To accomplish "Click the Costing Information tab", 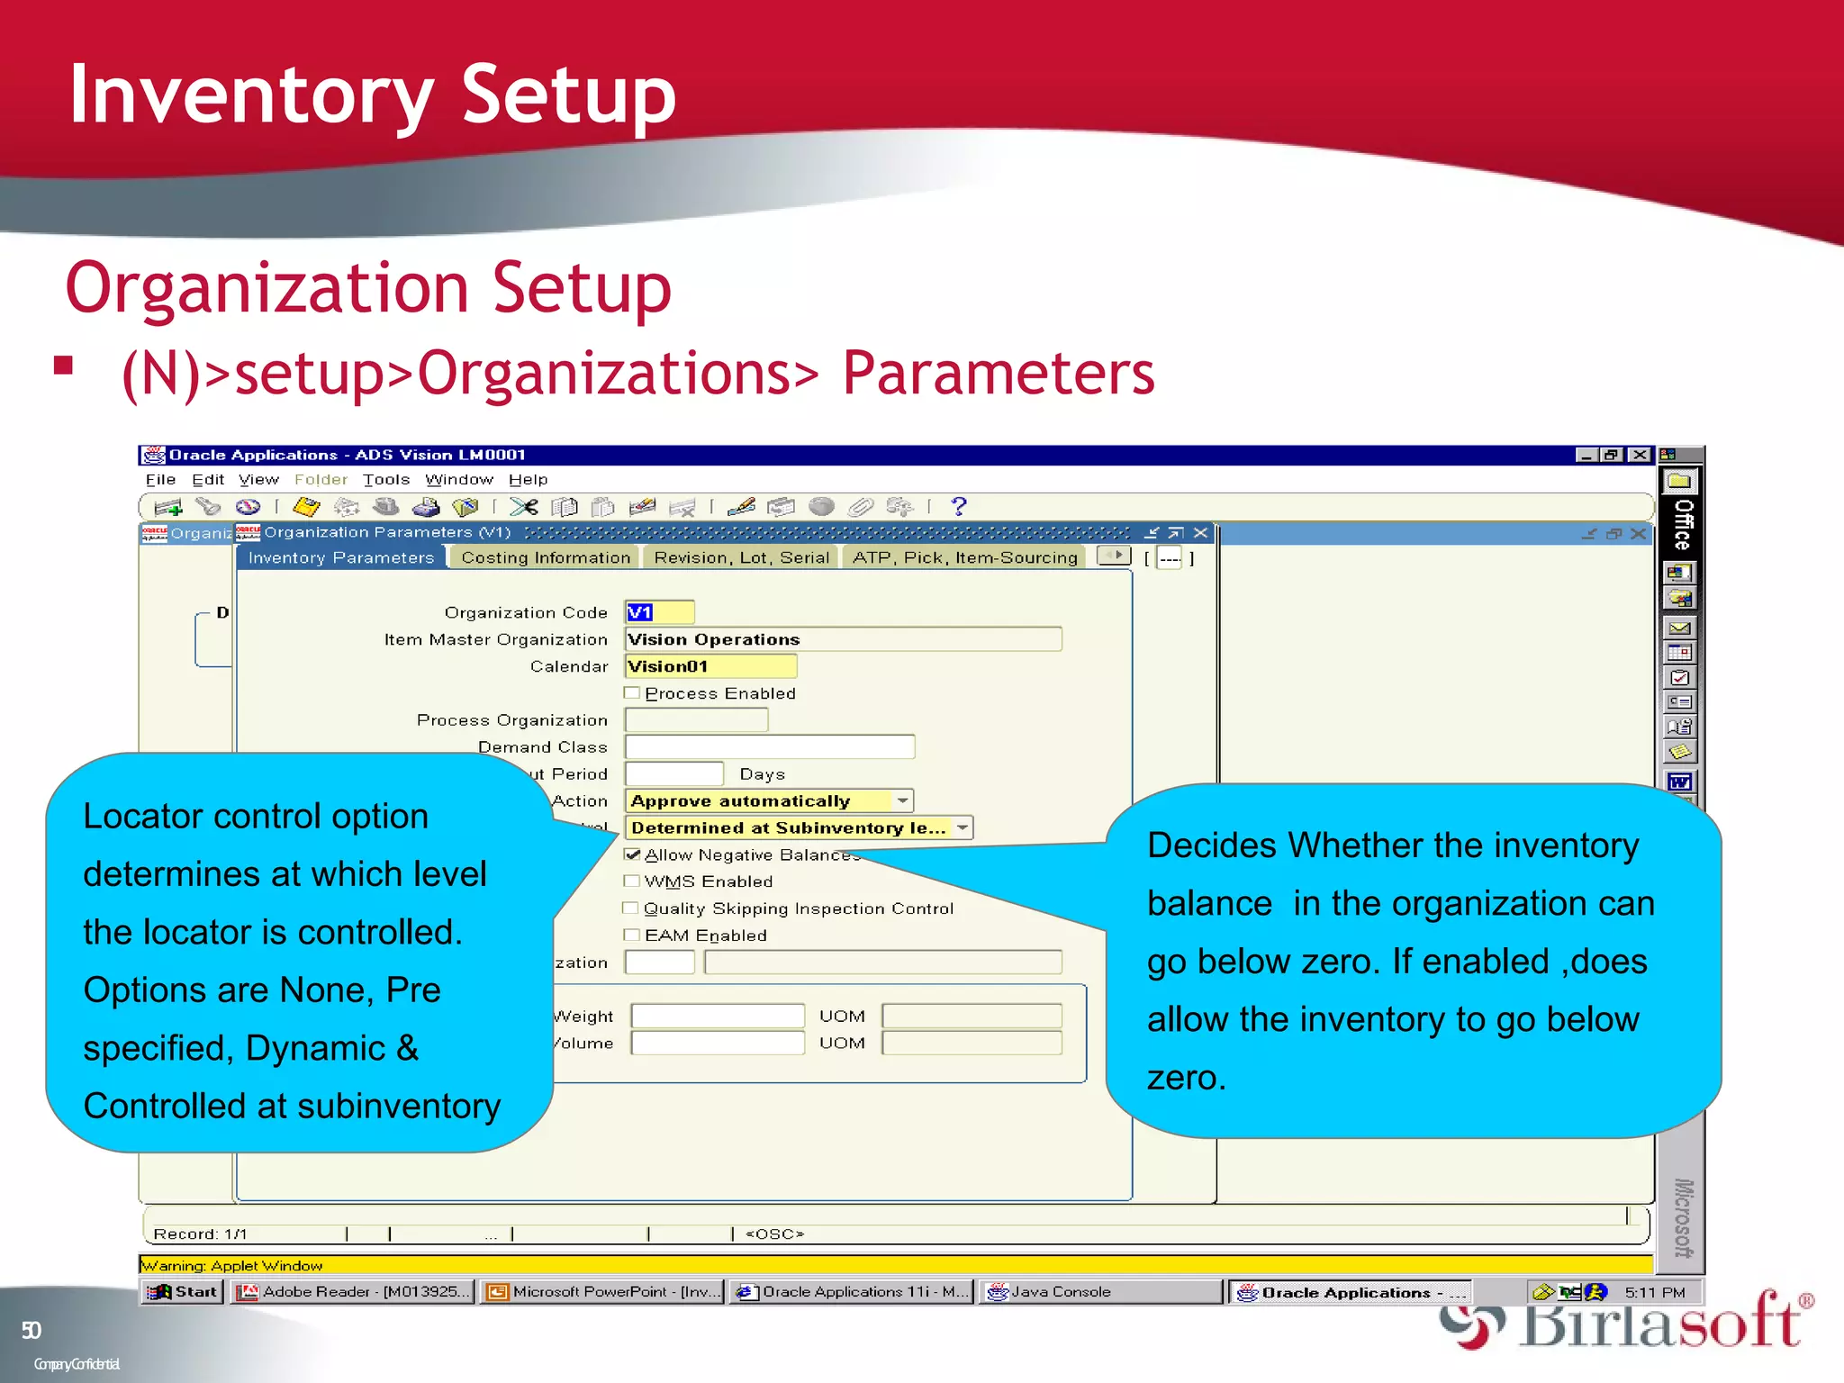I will pyautogui.click(x=546, y=557).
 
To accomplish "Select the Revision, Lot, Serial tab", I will pyautogui.click(x=741, y=557).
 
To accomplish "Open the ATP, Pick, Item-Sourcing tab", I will pyautogui.click(x=964, y=557).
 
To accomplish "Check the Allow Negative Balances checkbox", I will pyautogui.click(x=633, y=854).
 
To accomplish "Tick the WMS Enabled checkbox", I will pyautogui.click(x=632, y=881).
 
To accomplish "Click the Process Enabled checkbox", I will pyautogui.click(x=632, y=693).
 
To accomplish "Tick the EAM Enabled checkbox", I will pyautogui.click(x=632, y=936).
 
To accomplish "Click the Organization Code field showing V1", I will pyautogui.click(x=659, y=612).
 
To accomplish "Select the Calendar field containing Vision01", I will pyautogui.click(x=710, y=666).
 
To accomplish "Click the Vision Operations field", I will pyautogui.click(x=843, y=639).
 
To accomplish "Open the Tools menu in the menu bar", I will pyautogui.click(x=386, y=480).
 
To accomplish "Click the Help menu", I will pyautogui.click(x=528, y=480).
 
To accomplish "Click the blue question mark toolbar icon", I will pyautogui.click(x=959, y=507).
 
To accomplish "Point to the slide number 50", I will pyautogui.click(x=32, y=1331).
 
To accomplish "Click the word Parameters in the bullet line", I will pyautogui.click(x=998, y=374).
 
